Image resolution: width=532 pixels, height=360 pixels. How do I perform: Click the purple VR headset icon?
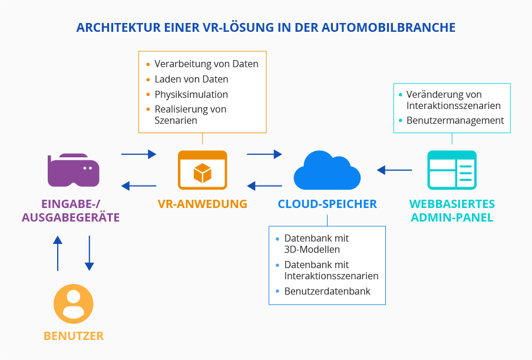point(74,170)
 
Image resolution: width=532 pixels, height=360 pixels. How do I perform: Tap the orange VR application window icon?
point(202,170)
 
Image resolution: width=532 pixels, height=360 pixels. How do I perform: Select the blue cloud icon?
point(327,170)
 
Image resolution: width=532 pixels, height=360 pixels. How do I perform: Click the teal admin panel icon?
point(452,170)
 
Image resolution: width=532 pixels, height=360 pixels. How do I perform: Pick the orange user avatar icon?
point(74,304)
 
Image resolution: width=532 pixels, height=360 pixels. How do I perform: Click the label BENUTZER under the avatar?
point(74,336)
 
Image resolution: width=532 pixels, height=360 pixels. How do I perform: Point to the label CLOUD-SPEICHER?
point(327,204)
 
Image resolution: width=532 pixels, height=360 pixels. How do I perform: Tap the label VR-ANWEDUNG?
point(202,204)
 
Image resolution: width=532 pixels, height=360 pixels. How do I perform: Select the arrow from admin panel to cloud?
point(394,170)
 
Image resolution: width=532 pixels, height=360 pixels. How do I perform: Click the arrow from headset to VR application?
point(138,154)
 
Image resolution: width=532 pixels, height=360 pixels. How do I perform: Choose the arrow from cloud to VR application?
point(265,186)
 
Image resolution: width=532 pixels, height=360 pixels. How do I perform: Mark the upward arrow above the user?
point(57,253)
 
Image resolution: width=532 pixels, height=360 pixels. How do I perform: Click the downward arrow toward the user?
point(90,253)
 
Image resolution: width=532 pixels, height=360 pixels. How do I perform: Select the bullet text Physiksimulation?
point(191,94)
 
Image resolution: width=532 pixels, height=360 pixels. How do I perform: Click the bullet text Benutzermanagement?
point(455,120)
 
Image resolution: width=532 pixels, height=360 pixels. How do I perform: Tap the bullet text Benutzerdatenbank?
point(327,292)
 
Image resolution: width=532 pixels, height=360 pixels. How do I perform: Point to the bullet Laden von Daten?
point(191,79)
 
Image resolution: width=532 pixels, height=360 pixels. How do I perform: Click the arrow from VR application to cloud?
point(265,154)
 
